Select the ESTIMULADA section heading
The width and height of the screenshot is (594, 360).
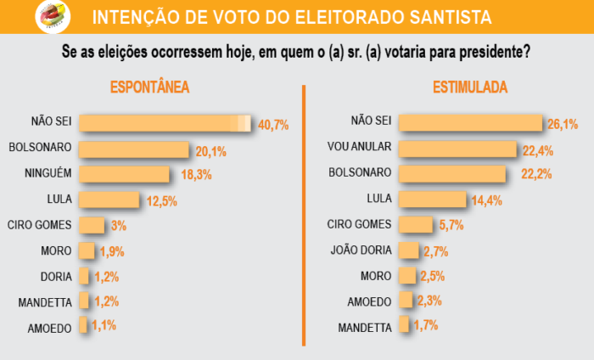(x=469, y=87)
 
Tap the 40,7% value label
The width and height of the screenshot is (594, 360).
(x=273, y=125)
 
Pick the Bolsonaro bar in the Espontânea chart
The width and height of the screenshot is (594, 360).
(x=133, y=149)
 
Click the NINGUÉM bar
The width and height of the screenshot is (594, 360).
(x=125, y=174)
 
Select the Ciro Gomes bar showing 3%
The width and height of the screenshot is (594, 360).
(x=92, y=225)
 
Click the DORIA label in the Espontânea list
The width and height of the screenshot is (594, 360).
(x=55, y=276)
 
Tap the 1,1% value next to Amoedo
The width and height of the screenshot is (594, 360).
(x=104, y=325)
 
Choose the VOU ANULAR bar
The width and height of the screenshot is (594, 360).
(x=457, y=149)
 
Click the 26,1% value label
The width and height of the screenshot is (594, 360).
(x=563, y=124)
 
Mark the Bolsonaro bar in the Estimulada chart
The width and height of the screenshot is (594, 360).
(x=457, y=174)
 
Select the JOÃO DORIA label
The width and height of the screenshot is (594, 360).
(x=359, y=250)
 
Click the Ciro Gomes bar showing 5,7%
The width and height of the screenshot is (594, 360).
(x=415, y=225)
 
